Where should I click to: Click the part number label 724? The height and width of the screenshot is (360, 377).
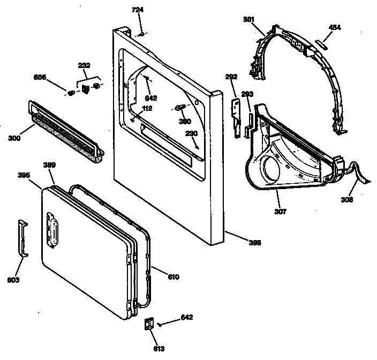(x=138, y=10)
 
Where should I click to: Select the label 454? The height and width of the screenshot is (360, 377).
(x=335, y=27)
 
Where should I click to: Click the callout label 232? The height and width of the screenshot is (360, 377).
(x=84, y=66)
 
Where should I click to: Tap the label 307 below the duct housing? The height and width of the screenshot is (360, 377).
(x=281, y=212)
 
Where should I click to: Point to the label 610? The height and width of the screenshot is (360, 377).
(x=173, y=277)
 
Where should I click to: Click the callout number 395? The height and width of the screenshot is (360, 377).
(x=24, y=175)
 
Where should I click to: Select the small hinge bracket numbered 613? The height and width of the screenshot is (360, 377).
(x=149, y=324)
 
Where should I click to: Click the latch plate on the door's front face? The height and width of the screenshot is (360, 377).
(x=52, y=229)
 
